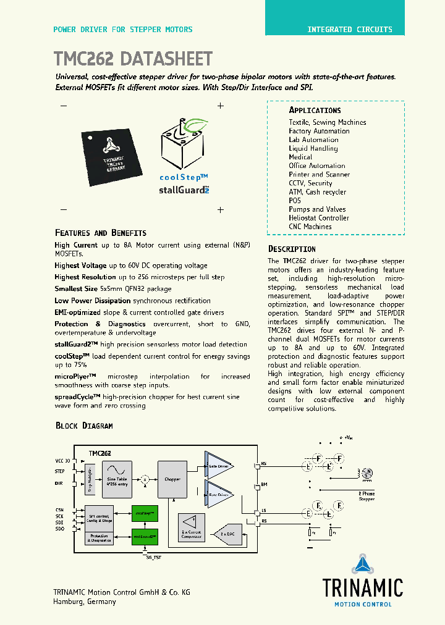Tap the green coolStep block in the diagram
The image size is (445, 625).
click(x=144, y=513)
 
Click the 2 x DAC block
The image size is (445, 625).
click(x=227, y=533)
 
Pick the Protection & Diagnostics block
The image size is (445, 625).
click(x=99, y=538)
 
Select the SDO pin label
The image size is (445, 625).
click(x=59, y=529)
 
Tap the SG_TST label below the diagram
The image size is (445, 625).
click(x=153, y=557)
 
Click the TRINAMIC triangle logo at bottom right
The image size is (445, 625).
click(x=362, y=566)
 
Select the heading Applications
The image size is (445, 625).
click(x=315, y=110)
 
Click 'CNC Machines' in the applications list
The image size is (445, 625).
click(x=310, y=227)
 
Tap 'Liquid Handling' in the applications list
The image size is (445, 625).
click(x=313, y=148)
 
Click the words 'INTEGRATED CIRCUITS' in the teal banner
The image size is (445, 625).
click(x=350, y=29)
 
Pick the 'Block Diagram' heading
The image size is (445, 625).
click(x=84, y=426)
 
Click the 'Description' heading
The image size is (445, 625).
click(x=292, y=249)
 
